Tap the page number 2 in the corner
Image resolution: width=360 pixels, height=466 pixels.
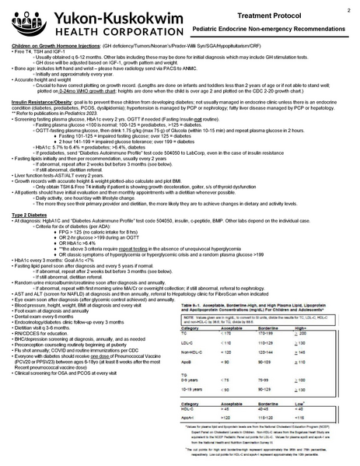point(353,5)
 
